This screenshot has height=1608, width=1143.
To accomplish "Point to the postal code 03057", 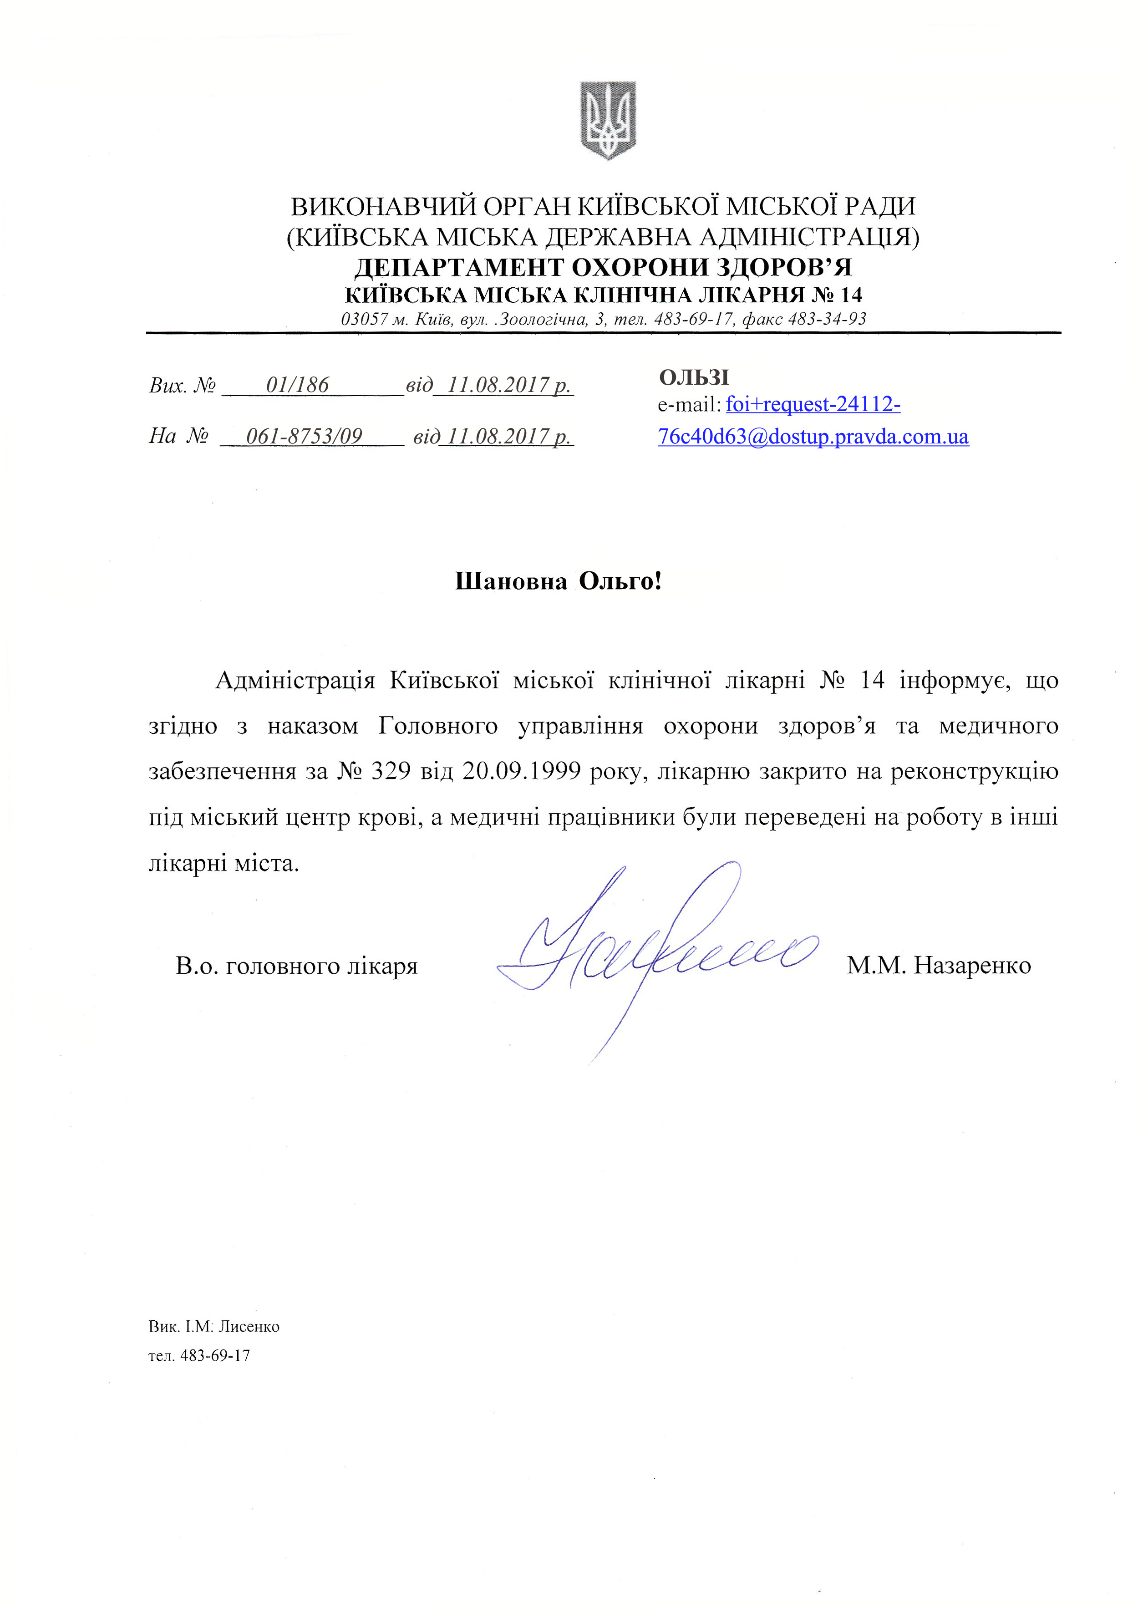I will click(x=365, y=320).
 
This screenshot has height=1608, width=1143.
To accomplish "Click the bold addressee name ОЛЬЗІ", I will click(x=694, y=378).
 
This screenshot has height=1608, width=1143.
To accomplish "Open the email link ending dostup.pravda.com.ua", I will click(x=813, y=437).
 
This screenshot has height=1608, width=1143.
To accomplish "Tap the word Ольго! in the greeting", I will click(x=620, y=581).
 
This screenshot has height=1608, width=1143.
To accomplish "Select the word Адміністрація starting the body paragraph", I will click(x=295, y=681).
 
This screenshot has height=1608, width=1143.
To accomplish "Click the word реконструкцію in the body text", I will click(x=974, y=772).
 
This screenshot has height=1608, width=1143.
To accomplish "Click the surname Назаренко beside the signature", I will click(x=972, y=966).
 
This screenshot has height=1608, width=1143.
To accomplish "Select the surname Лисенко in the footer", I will click(x=249, y=1327).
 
